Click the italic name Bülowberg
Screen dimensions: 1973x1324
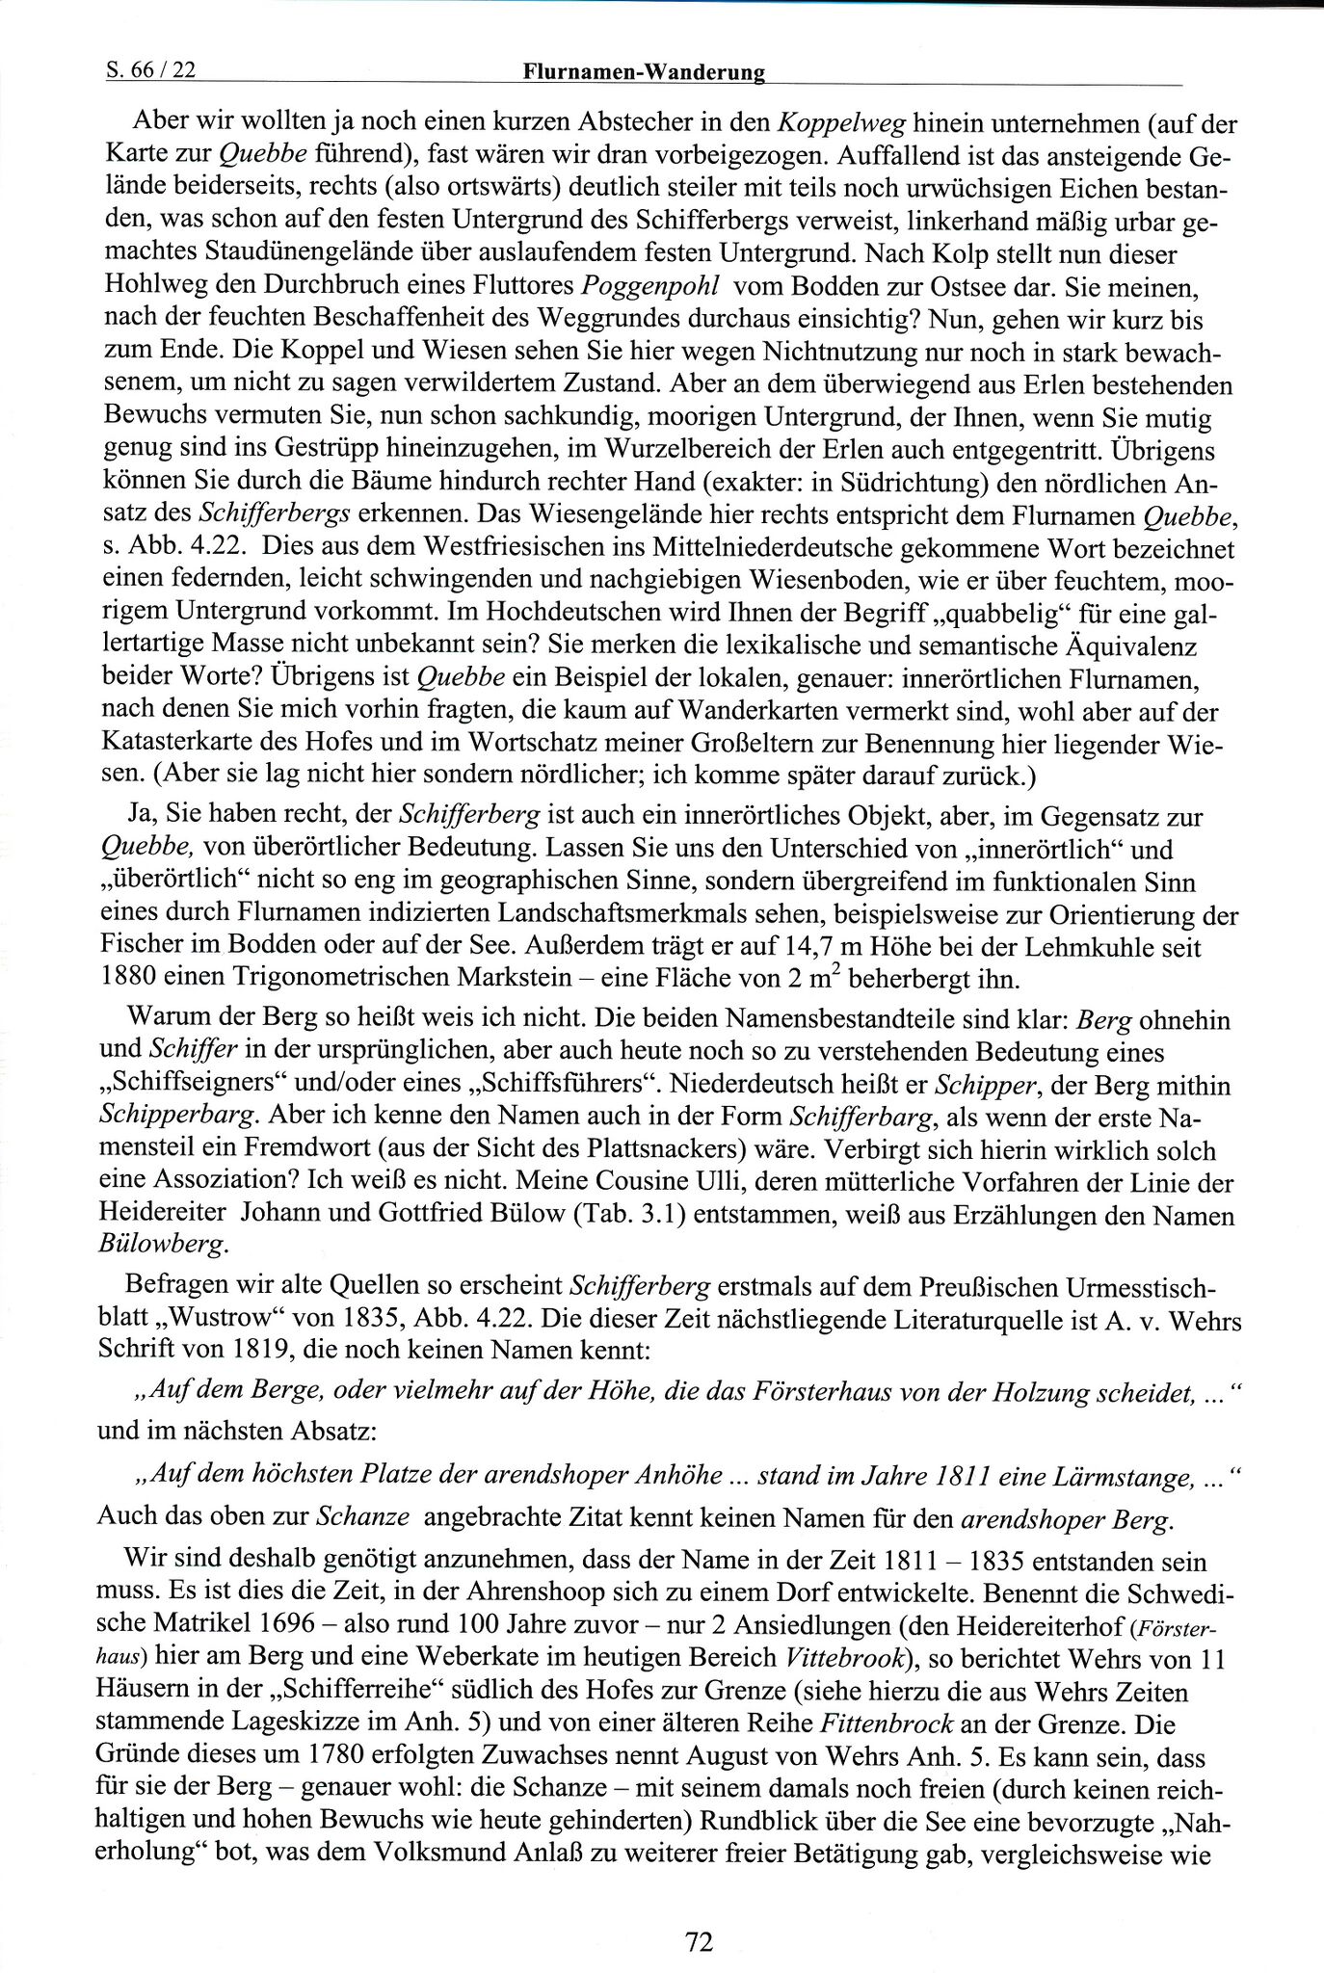(x=165, y=1246)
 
